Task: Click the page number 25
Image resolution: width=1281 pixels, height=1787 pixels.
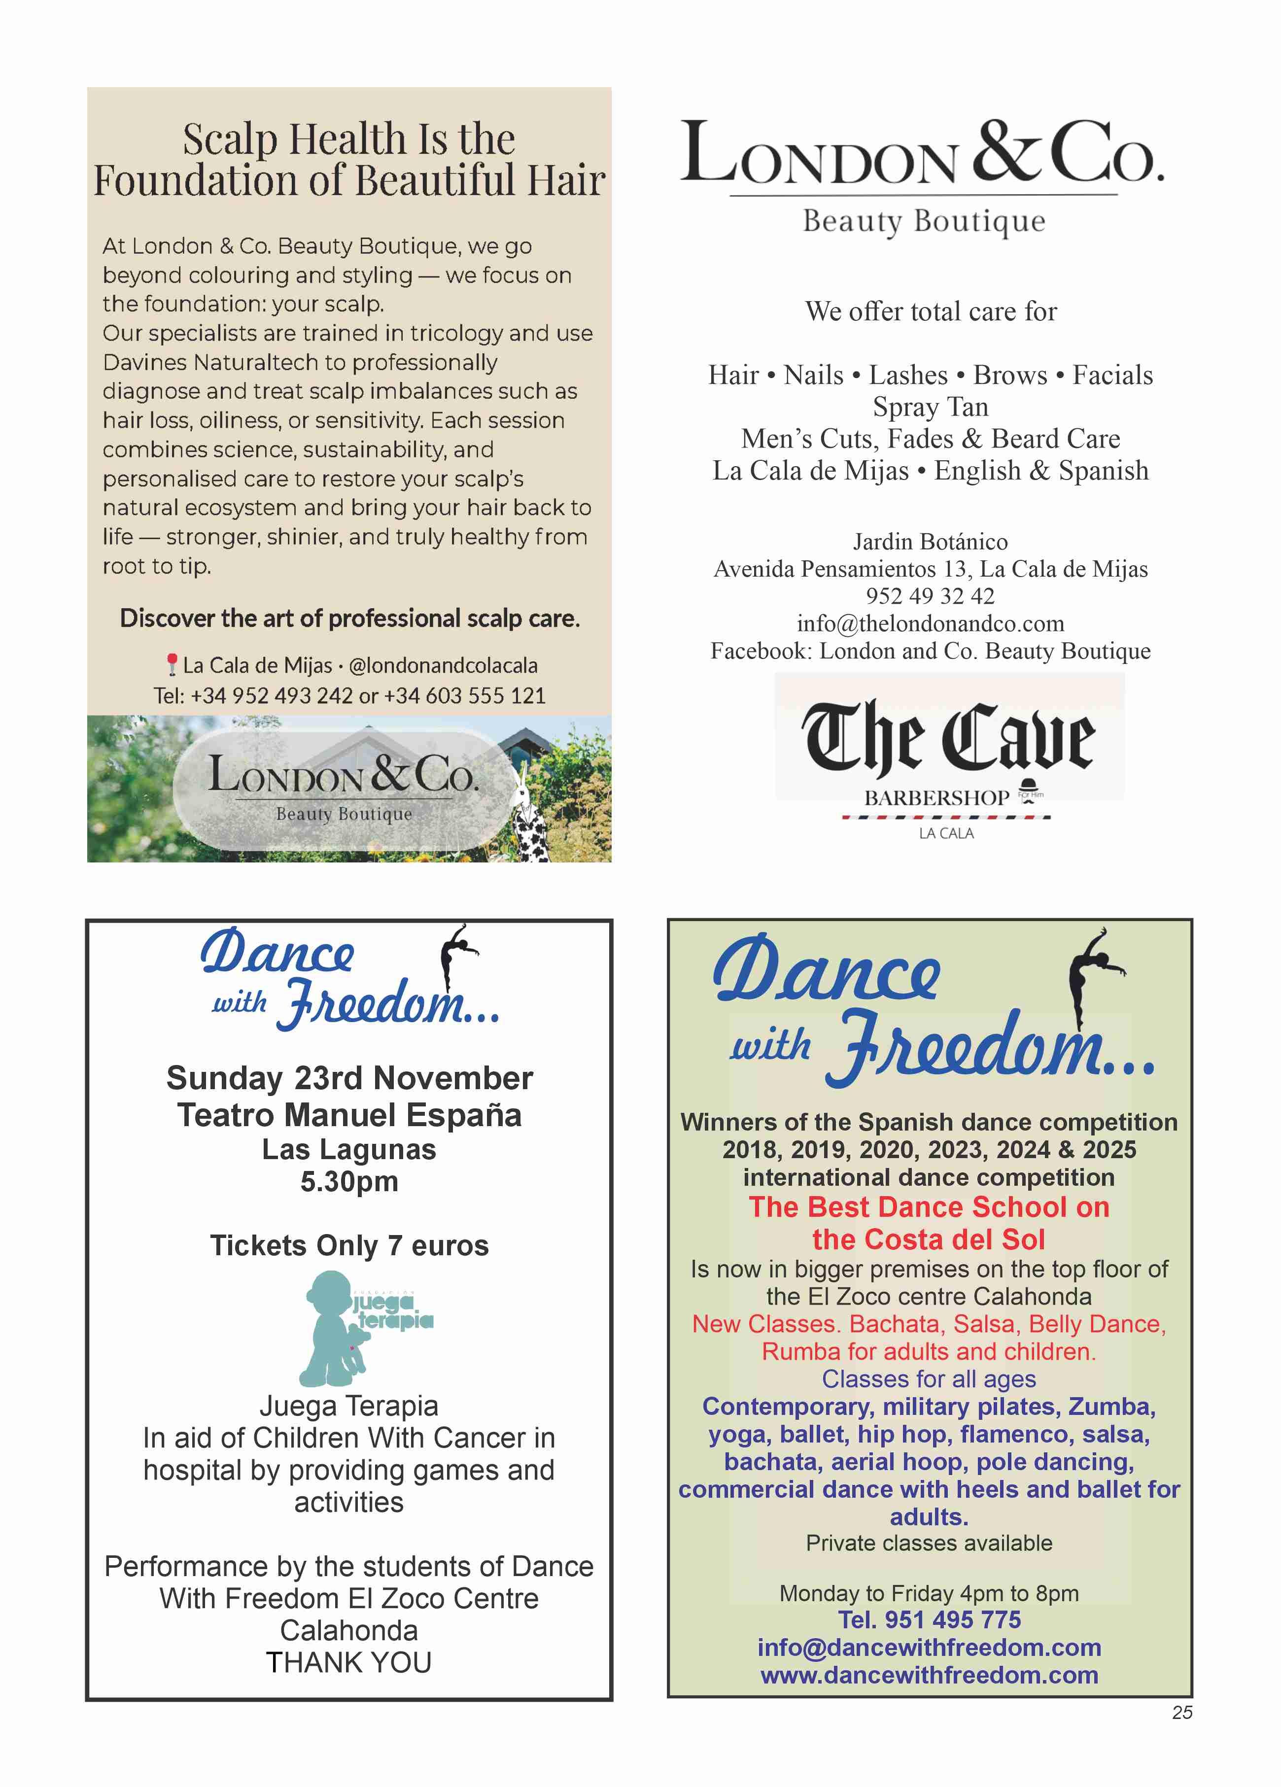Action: [1182, 1712]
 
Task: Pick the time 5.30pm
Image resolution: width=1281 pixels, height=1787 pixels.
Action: [349, 1182]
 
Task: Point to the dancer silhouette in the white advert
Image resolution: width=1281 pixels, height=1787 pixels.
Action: [455, 955]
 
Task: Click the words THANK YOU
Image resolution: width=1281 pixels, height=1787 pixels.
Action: [349, 1662]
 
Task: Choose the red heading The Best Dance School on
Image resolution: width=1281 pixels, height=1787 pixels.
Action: [929, 1207]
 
